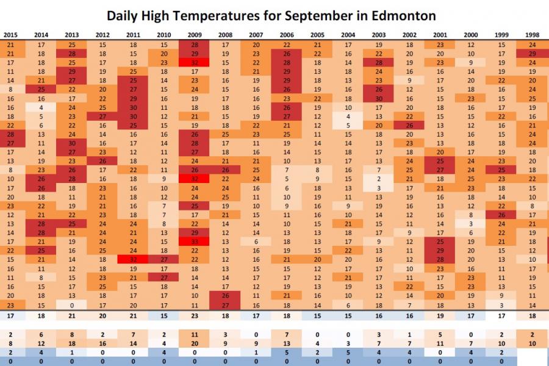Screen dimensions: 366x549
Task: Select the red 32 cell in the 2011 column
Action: coord(134,259)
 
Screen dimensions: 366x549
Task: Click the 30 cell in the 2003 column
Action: coord(379,98)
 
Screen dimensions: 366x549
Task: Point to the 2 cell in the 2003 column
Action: coord(379,179)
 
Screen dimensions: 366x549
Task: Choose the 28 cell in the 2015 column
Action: coord(11,134)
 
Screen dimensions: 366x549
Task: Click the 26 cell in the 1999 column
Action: coord(501,215)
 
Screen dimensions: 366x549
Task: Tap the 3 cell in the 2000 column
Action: coord(471,224)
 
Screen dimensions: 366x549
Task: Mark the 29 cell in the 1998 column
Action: coord(533,54)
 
